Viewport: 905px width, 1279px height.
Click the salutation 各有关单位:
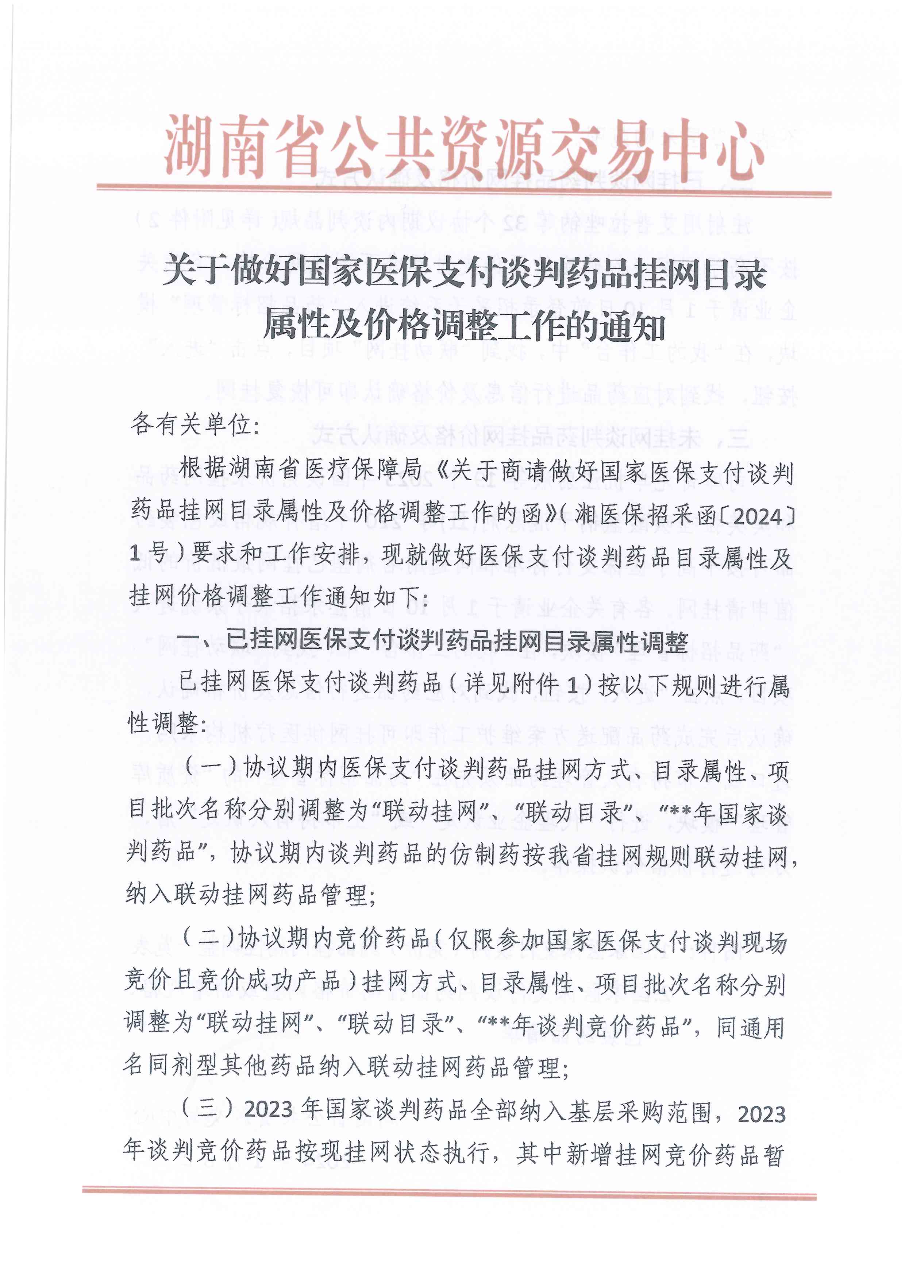click(195, 425)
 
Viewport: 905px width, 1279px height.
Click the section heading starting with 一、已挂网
click(432, 642)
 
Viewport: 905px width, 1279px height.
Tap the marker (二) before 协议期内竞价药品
click(208, 939)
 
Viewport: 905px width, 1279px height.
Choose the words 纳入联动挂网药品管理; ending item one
click(251, 895)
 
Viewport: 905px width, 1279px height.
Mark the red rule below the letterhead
click(464, 191)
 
